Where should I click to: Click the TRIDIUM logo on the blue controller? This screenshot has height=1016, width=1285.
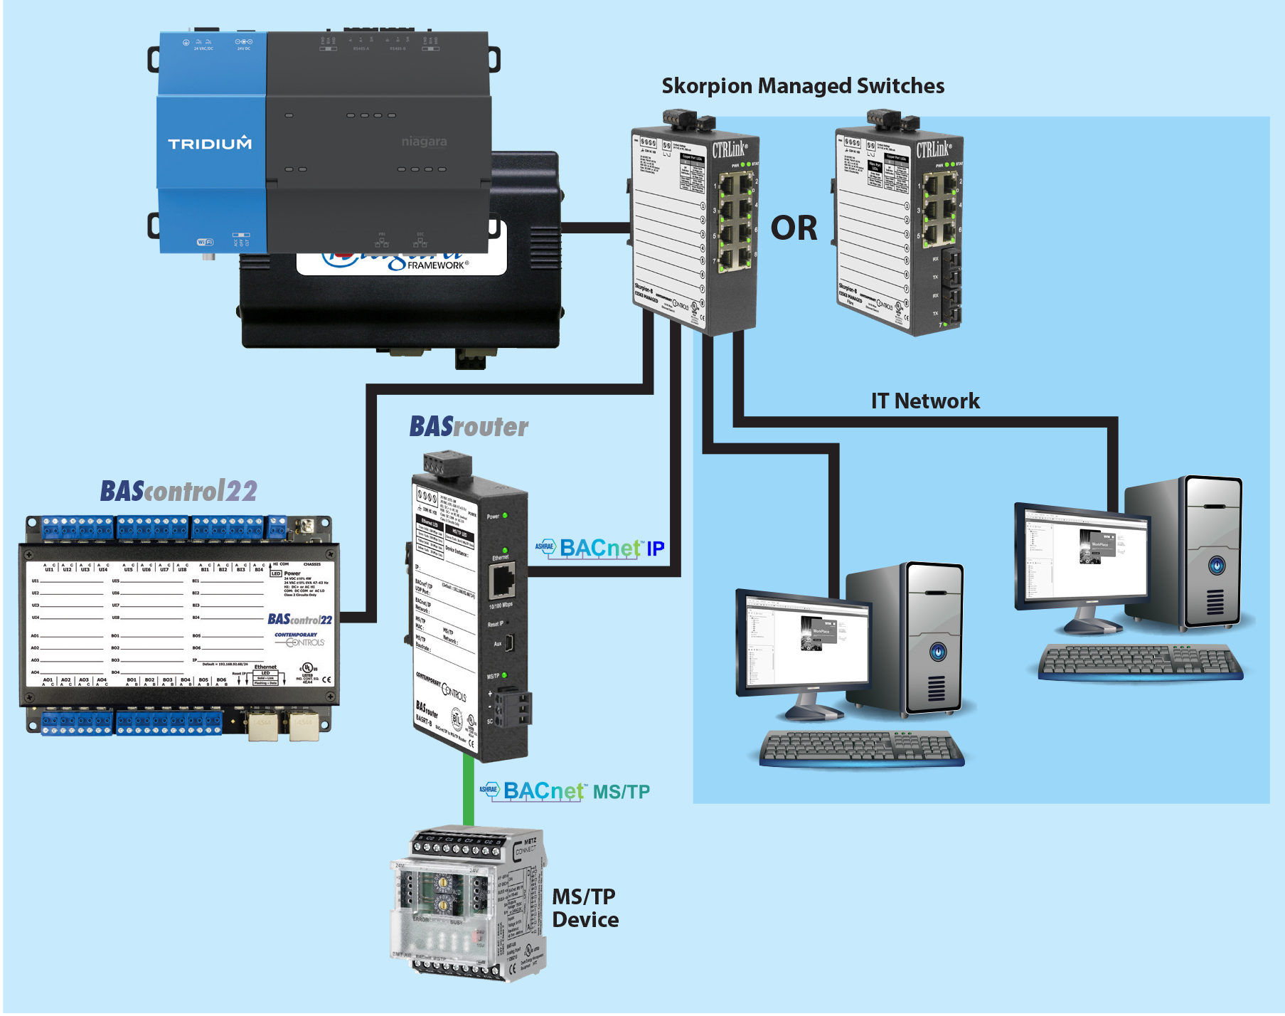coord(210,144)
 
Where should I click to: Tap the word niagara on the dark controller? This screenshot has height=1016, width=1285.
coord(424,142)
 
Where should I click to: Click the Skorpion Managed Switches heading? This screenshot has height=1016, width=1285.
coord(803,86)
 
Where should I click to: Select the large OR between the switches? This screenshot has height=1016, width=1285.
coord(794,228)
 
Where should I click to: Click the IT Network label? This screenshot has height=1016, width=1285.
coord(924,401)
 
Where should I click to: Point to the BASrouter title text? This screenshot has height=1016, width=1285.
coord(469,427)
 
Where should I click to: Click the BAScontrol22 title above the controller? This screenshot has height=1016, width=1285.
coord(178,491)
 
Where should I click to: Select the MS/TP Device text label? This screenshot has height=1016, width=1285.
coord(585,908)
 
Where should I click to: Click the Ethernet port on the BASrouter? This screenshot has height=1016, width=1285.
coord(502,582)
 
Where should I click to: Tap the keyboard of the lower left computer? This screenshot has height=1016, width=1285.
coord(861,748)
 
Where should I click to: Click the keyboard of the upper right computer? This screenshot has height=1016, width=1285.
coord(1139,662)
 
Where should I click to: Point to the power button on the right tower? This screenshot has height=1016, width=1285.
coord(1217,566)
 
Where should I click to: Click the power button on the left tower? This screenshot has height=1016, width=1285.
coord(938,652)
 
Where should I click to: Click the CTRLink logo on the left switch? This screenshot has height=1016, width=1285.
coord(730,149)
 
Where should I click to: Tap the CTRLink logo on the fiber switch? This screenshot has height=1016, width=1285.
coord(933,149)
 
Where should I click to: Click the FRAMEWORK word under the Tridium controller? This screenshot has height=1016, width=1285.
coord(437,265)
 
